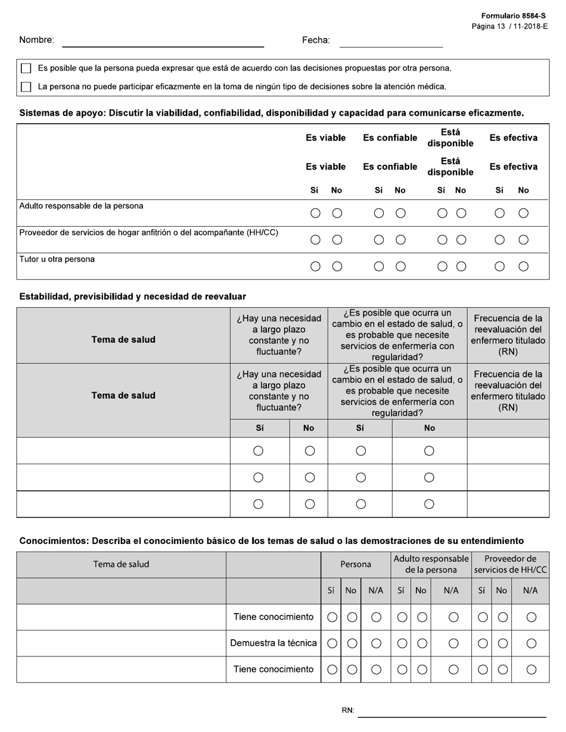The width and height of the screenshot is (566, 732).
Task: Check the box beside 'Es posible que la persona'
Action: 26,68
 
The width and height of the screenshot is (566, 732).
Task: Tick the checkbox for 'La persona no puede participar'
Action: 26,87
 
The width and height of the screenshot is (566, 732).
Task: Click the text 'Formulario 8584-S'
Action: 514,16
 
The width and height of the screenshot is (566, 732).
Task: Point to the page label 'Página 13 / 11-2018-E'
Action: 509,26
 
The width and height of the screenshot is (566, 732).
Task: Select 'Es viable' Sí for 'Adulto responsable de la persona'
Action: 316,213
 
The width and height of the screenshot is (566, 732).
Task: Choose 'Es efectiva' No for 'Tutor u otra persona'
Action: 523,267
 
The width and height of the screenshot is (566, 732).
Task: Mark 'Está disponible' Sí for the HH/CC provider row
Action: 442,240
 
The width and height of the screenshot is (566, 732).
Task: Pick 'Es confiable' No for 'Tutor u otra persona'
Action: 400,267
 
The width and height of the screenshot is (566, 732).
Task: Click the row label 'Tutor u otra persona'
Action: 57,259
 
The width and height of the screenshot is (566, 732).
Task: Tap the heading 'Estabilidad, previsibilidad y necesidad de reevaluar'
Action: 132,296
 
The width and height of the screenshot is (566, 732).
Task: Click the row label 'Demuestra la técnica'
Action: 273,643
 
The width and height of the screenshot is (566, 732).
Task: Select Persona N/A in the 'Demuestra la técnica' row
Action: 376,643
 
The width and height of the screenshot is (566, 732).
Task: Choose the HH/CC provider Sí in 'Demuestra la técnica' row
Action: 482,643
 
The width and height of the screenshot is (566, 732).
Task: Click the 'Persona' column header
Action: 356,564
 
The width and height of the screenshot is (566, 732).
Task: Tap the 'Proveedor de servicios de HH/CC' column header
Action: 510,564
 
